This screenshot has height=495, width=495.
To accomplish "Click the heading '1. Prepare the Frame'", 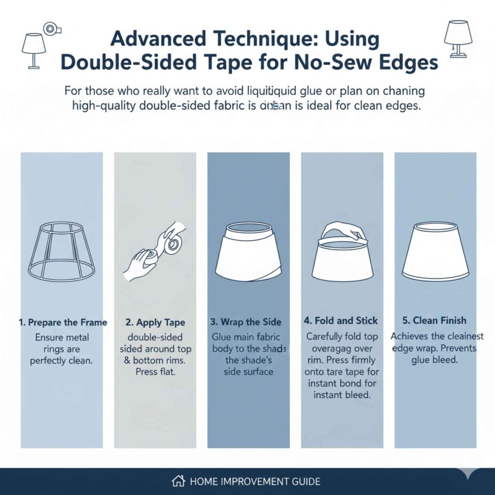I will (62, 322).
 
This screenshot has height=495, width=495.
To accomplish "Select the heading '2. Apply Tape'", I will (156, 322).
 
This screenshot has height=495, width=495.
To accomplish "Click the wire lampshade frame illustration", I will (61, 252).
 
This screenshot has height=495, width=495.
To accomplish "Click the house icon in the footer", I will (178, 481).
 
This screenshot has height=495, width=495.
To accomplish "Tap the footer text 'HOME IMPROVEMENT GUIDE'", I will (255, 481).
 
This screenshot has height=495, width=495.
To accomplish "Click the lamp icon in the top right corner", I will (458, 39).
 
